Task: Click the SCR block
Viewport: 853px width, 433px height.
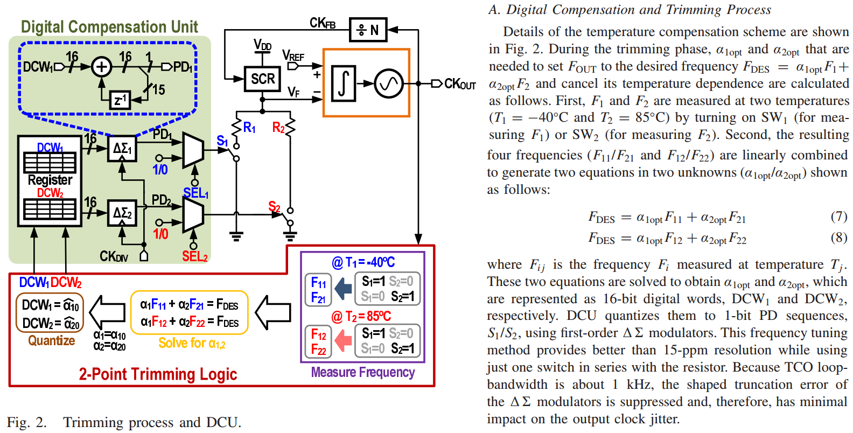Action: (262, 79)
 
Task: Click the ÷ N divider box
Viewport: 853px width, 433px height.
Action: (368, 30)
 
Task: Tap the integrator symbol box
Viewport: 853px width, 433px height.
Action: (344, 83)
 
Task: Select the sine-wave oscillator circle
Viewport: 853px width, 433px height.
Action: (389, 83)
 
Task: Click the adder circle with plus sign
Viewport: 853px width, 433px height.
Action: (101, 67)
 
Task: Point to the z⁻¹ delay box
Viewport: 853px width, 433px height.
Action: (120, 100)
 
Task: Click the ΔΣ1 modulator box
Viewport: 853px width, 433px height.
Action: (122, 149)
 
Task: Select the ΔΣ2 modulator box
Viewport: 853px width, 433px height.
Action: (122, 213)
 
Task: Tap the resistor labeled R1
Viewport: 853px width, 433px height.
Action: (237, 128)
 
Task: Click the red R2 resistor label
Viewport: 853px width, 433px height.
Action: (278, 128)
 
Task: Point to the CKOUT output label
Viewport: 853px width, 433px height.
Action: (459, 85)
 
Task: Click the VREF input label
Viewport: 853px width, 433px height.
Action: (293, 56)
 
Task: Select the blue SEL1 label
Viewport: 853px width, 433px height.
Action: (195, 193)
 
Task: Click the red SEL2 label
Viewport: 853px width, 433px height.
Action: (194, 256)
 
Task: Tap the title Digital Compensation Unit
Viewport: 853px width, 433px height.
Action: (109, 27)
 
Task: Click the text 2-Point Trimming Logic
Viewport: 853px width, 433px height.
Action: (158, 374)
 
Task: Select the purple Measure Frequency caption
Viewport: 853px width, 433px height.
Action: (362, 372)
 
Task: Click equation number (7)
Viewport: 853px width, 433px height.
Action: (838, 216)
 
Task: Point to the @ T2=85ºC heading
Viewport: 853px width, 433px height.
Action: (361, 316)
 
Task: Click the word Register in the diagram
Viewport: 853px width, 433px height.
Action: (50, 180)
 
